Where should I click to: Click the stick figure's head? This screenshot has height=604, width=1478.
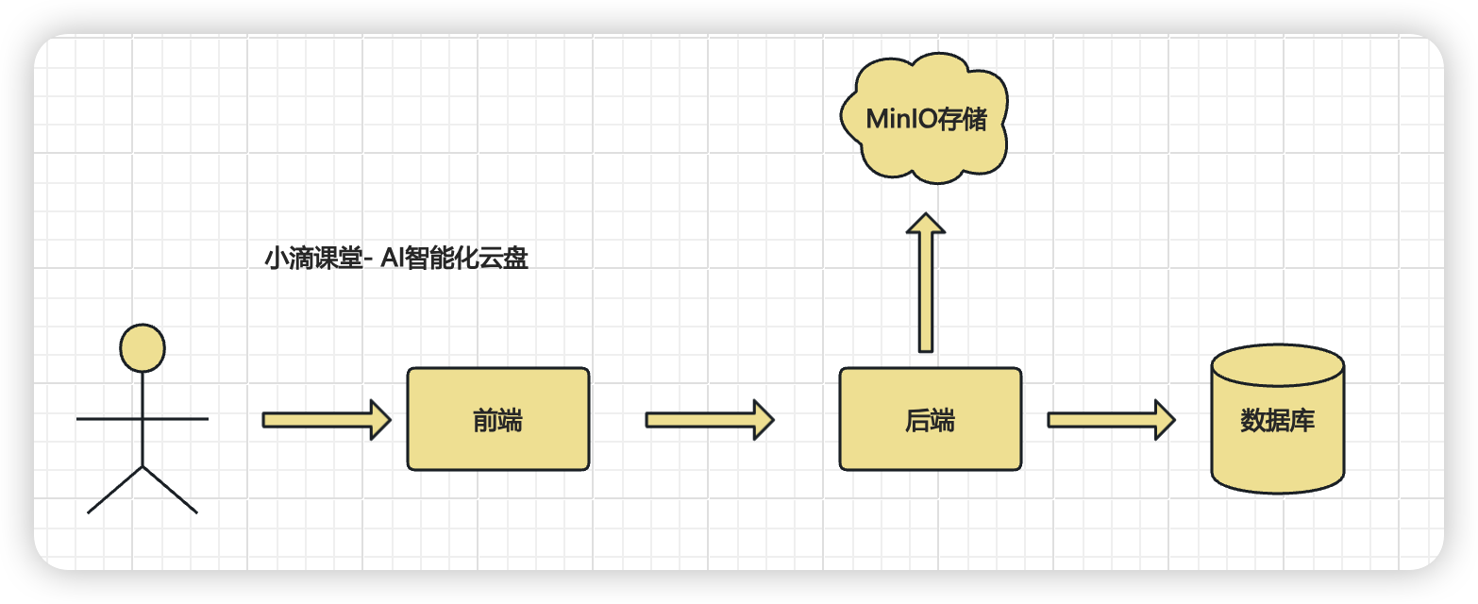tap(143, 347)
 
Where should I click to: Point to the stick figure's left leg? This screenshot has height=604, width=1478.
tap(114, 490)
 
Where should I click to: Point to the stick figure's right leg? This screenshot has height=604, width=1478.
tap(171, 490)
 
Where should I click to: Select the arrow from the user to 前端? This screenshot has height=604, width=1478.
tap(326, 419)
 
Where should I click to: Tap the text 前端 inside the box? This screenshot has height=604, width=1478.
tap(497, 420)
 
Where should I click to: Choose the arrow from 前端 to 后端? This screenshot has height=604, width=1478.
tap(709, 419)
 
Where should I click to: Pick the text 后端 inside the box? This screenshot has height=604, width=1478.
tap(930, 420)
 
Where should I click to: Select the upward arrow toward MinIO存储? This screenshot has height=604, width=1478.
tap(926, 283)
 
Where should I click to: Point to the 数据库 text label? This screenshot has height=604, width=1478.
tap(1277, 420)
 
